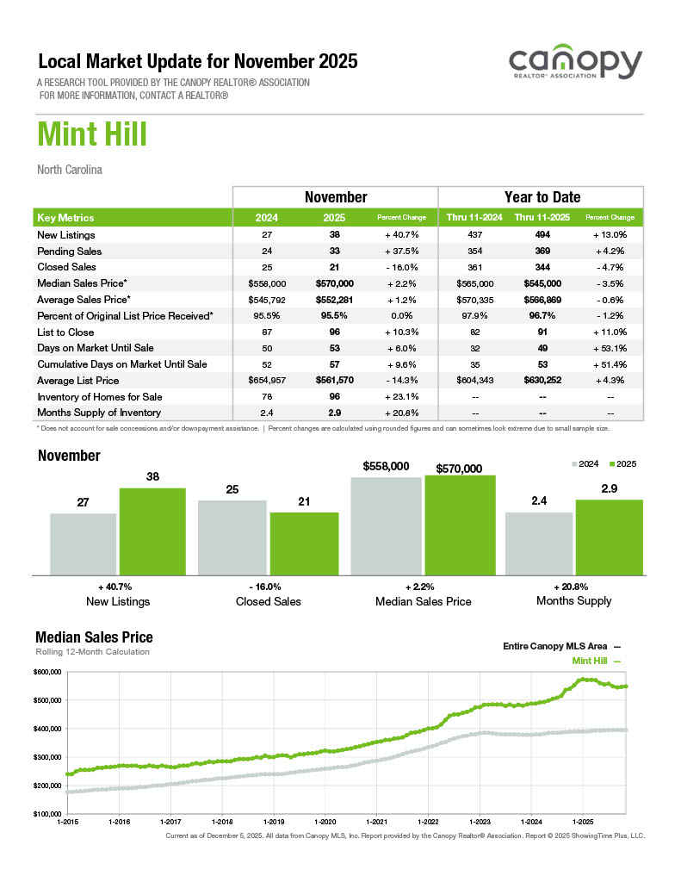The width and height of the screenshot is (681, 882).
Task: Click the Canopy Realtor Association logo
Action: click(x=575, y=65)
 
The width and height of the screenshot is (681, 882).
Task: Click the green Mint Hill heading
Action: click(x=92, y=135)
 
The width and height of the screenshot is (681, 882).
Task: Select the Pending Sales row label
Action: click(x=70, y=252)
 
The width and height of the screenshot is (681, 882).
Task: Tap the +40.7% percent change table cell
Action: click(x=402, y=235)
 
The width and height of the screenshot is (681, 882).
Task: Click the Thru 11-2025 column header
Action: click(x=542, y=218)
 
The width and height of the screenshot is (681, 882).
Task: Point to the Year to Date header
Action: click(x=542, y=197)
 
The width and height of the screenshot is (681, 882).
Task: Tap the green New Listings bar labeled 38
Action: click(x=152, y=531)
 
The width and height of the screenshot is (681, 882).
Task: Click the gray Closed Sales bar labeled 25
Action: click(x=232, y=537)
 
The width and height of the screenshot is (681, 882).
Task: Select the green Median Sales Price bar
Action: click(x=460, y=525)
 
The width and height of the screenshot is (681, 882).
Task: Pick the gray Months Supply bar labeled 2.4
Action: click(x=539, y=543)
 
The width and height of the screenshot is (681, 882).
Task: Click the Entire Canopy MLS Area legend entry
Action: click(x=560, y=645)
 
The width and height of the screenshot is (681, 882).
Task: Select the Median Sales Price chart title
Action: click(x=94, y=637)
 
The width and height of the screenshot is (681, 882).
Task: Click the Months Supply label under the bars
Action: click(x=573, y=600)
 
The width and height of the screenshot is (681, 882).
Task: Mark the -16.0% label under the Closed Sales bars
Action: click(x=268, y=586)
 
